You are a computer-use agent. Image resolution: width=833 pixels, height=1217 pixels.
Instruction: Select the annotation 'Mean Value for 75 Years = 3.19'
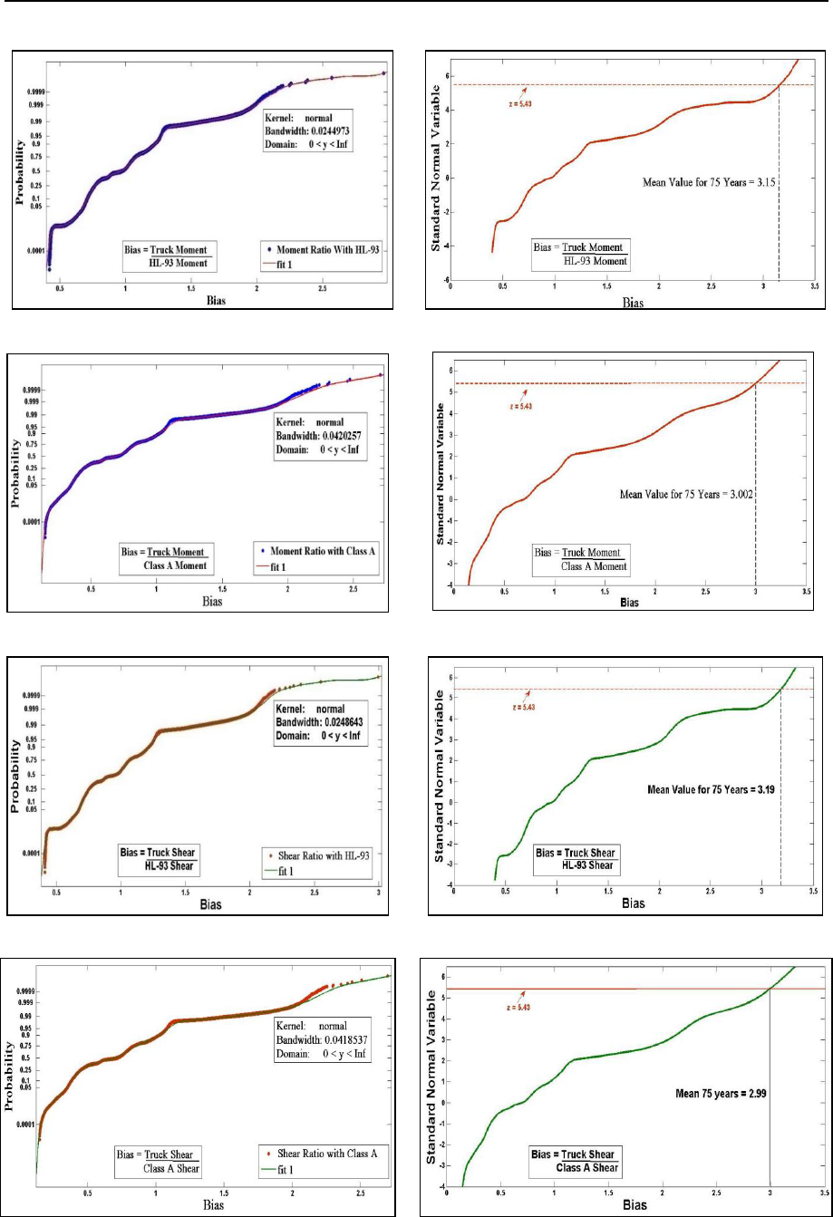(x=712, y=789)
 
